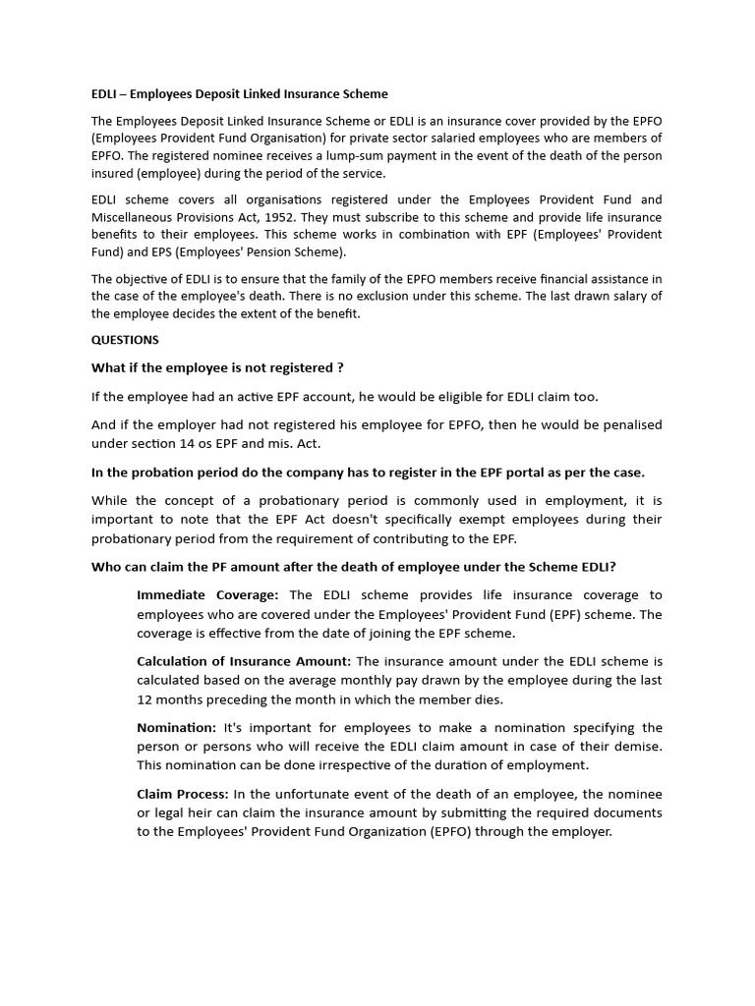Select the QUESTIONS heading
pyautogui.click(x=125, y=340)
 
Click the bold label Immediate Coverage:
pyautogui.click(x=207, y=595)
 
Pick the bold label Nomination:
pyautogui.click(x=176, y=728)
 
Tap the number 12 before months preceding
pyautogui.click(x=145, y=699)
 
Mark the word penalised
pyautogui.click(x=629, y=424)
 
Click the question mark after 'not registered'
pyautogui.click(x=340, y=367)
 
